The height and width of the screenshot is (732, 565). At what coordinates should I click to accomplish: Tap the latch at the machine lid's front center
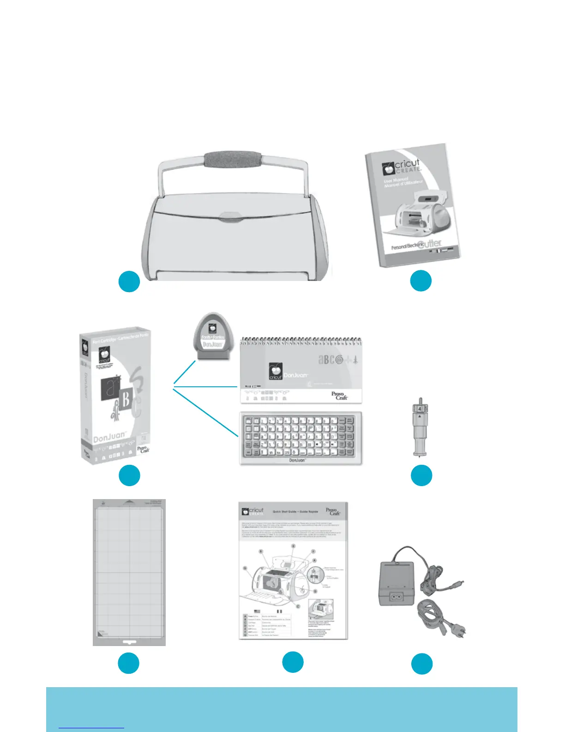[232, 217]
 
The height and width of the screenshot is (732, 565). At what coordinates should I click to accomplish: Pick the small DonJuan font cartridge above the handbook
[212, 336]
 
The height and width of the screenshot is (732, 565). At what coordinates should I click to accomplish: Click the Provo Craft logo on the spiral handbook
[340, 396]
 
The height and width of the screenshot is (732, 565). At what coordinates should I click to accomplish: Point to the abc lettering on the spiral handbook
[330, 359]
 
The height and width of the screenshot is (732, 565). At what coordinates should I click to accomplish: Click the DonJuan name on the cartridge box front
[109, 437]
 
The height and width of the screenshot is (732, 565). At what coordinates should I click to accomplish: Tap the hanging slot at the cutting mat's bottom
[129, 642]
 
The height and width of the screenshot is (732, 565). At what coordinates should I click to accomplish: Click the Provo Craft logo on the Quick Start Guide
[333, 512]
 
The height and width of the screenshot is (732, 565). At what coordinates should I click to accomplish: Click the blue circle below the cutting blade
[421, 476]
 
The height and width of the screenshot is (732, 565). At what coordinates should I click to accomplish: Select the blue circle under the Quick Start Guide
[293, 662]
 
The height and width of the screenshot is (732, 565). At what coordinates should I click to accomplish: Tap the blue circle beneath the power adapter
[422, 664]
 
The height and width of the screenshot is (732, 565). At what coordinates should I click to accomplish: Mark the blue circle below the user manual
[421, 281]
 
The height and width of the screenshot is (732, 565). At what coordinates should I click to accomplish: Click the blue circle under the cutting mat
[129, 663]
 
